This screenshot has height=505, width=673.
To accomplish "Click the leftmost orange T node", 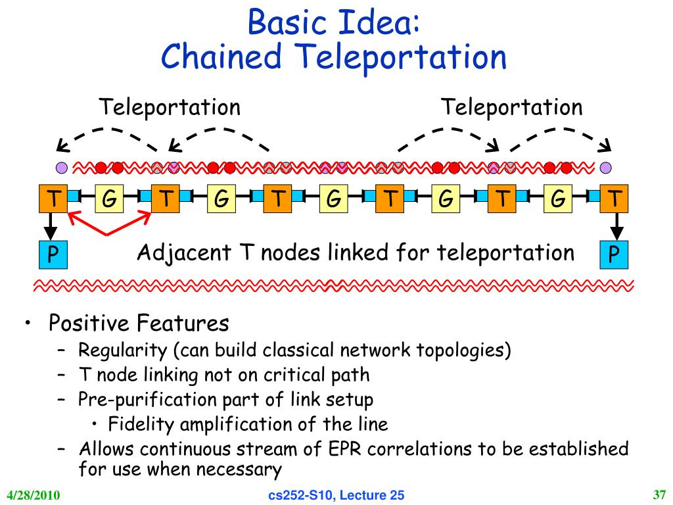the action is (53, 199).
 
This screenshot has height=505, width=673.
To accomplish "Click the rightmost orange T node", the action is (614, 199).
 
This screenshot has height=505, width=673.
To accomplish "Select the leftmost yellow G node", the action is (109, 199).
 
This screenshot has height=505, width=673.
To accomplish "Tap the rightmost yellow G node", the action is (557, 199).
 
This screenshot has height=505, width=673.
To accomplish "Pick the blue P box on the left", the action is (53, 254).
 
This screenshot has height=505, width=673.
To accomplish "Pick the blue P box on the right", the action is (614, 254).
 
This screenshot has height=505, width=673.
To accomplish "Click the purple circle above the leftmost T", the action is (62, 168).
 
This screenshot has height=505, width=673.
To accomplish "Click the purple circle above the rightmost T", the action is (605, 168).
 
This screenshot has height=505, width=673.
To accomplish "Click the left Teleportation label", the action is (170, 107).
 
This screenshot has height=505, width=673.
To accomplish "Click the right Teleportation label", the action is (511, 107).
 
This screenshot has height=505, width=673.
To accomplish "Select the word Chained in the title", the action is (221, 57).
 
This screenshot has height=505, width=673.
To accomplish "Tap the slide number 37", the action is (659, 494).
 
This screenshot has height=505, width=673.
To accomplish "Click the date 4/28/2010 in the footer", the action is (34, 494).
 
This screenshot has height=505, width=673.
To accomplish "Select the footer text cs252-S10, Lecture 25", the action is (336, 495).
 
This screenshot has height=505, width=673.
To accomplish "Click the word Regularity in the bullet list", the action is (122, 350).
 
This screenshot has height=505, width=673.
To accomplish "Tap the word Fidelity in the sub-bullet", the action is (141, 424).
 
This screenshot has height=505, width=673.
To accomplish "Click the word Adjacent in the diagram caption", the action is (184, 252).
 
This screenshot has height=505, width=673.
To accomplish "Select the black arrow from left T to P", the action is (51, 226).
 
